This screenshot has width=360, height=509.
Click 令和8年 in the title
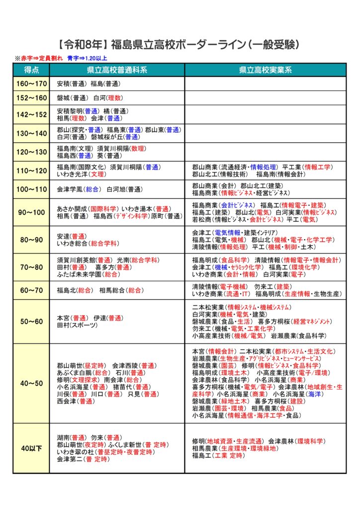pyautogui.click(x=83, y=44)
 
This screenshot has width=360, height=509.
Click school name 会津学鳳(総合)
pyautogui.click(x=77, y=189)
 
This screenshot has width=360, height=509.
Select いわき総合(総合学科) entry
pyautogui.click(x=87, y=243)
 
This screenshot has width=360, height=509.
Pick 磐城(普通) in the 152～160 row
pyautogui.click(x=72, y=98)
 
